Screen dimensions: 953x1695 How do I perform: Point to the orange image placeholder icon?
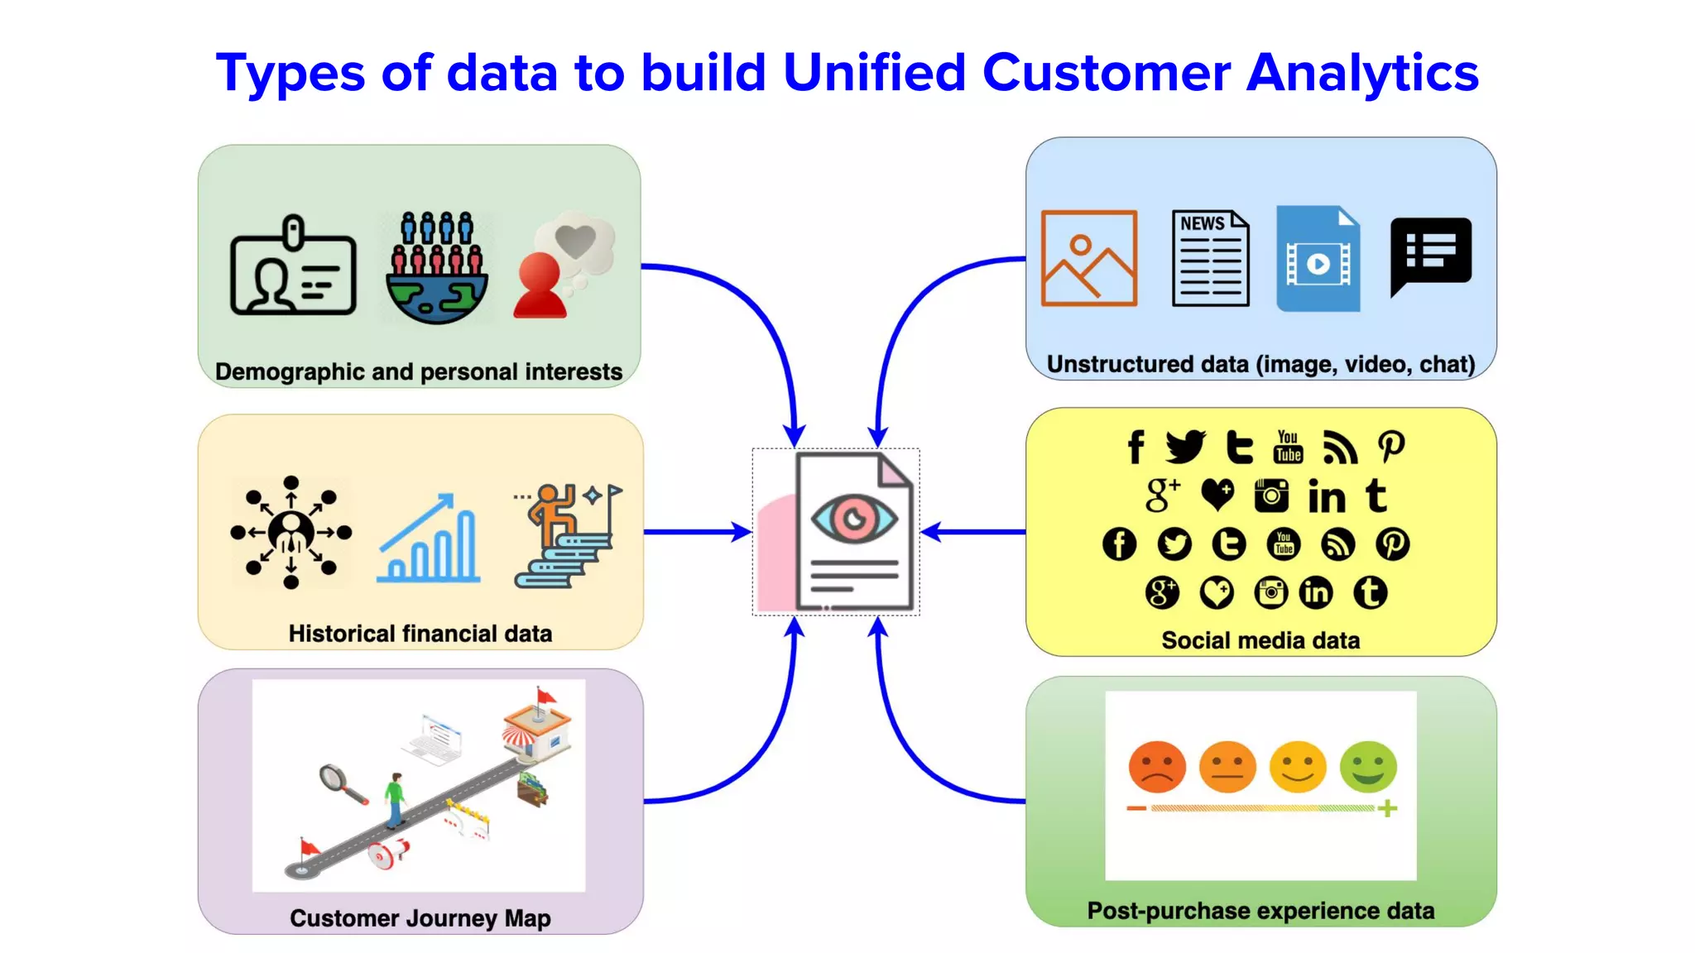[1088, 258]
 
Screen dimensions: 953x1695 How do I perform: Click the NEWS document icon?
[1210, 258]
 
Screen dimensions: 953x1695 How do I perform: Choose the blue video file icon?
[1318, 258]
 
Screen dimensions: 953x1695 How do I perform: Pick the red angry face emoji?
[1156, 766]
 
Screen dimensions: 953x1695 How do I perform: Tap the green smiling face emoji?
[1368, 766]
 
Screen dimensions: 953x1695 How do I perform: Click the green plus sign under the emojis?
[1388, 808]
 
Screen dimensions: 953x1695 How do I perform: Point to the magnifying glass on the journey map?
[336, 780]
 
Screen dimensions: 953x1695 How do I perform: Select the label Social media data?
[1260, 640]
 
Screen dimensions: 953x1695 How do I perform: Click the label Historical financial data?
[420, 634]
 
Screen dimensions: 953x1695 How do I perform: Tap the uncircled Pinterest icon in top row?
[1391, 447]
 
